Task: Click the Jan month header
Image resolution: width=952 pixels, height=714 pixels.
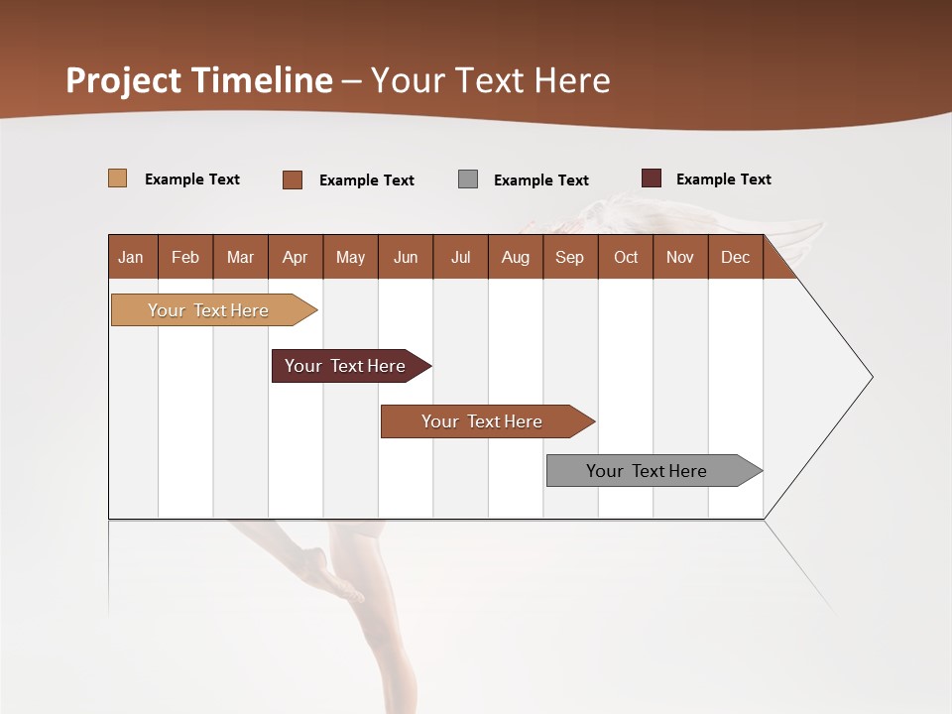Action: tap(132, 257)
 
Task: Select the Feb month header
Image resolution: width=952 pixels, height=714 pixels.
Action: tap(185, 257)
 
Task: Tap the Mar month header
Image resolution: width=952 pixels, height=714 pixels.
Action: tap(240, 257)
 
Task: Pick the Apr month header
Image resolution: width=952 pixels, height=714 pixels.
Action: tap(296, 257)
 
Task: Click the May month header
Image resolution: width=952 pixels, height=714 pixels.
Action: tap(350, 257)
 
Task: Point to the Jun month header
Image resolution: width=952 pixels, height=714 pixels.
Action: tap(406, 257)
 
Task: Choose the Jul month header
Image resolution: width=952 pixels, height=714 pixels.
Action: tap(460, 257)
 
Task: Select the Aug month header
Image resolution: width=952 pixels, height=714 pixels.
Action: tap(516, 257)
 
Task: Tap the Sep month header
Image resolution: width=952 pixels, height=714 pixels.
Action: tap(570, 257)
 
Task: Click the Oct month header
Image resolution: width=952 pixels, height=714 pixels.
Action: tap(626, 257)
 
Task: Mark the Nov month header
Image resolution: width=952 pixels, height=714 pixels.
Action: tap(680, 257)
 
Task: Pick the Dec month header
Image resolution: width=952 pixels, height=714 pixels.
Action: tap(736, 257)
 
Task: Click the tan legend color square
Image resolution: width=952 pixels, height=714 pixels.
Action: tap(118, 178)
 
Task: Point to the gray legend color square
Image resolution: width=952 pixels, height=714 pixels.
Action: tap(468, 179)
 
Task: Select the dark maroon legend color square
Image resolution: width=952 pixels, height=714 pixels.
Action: tap(652, 178)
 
